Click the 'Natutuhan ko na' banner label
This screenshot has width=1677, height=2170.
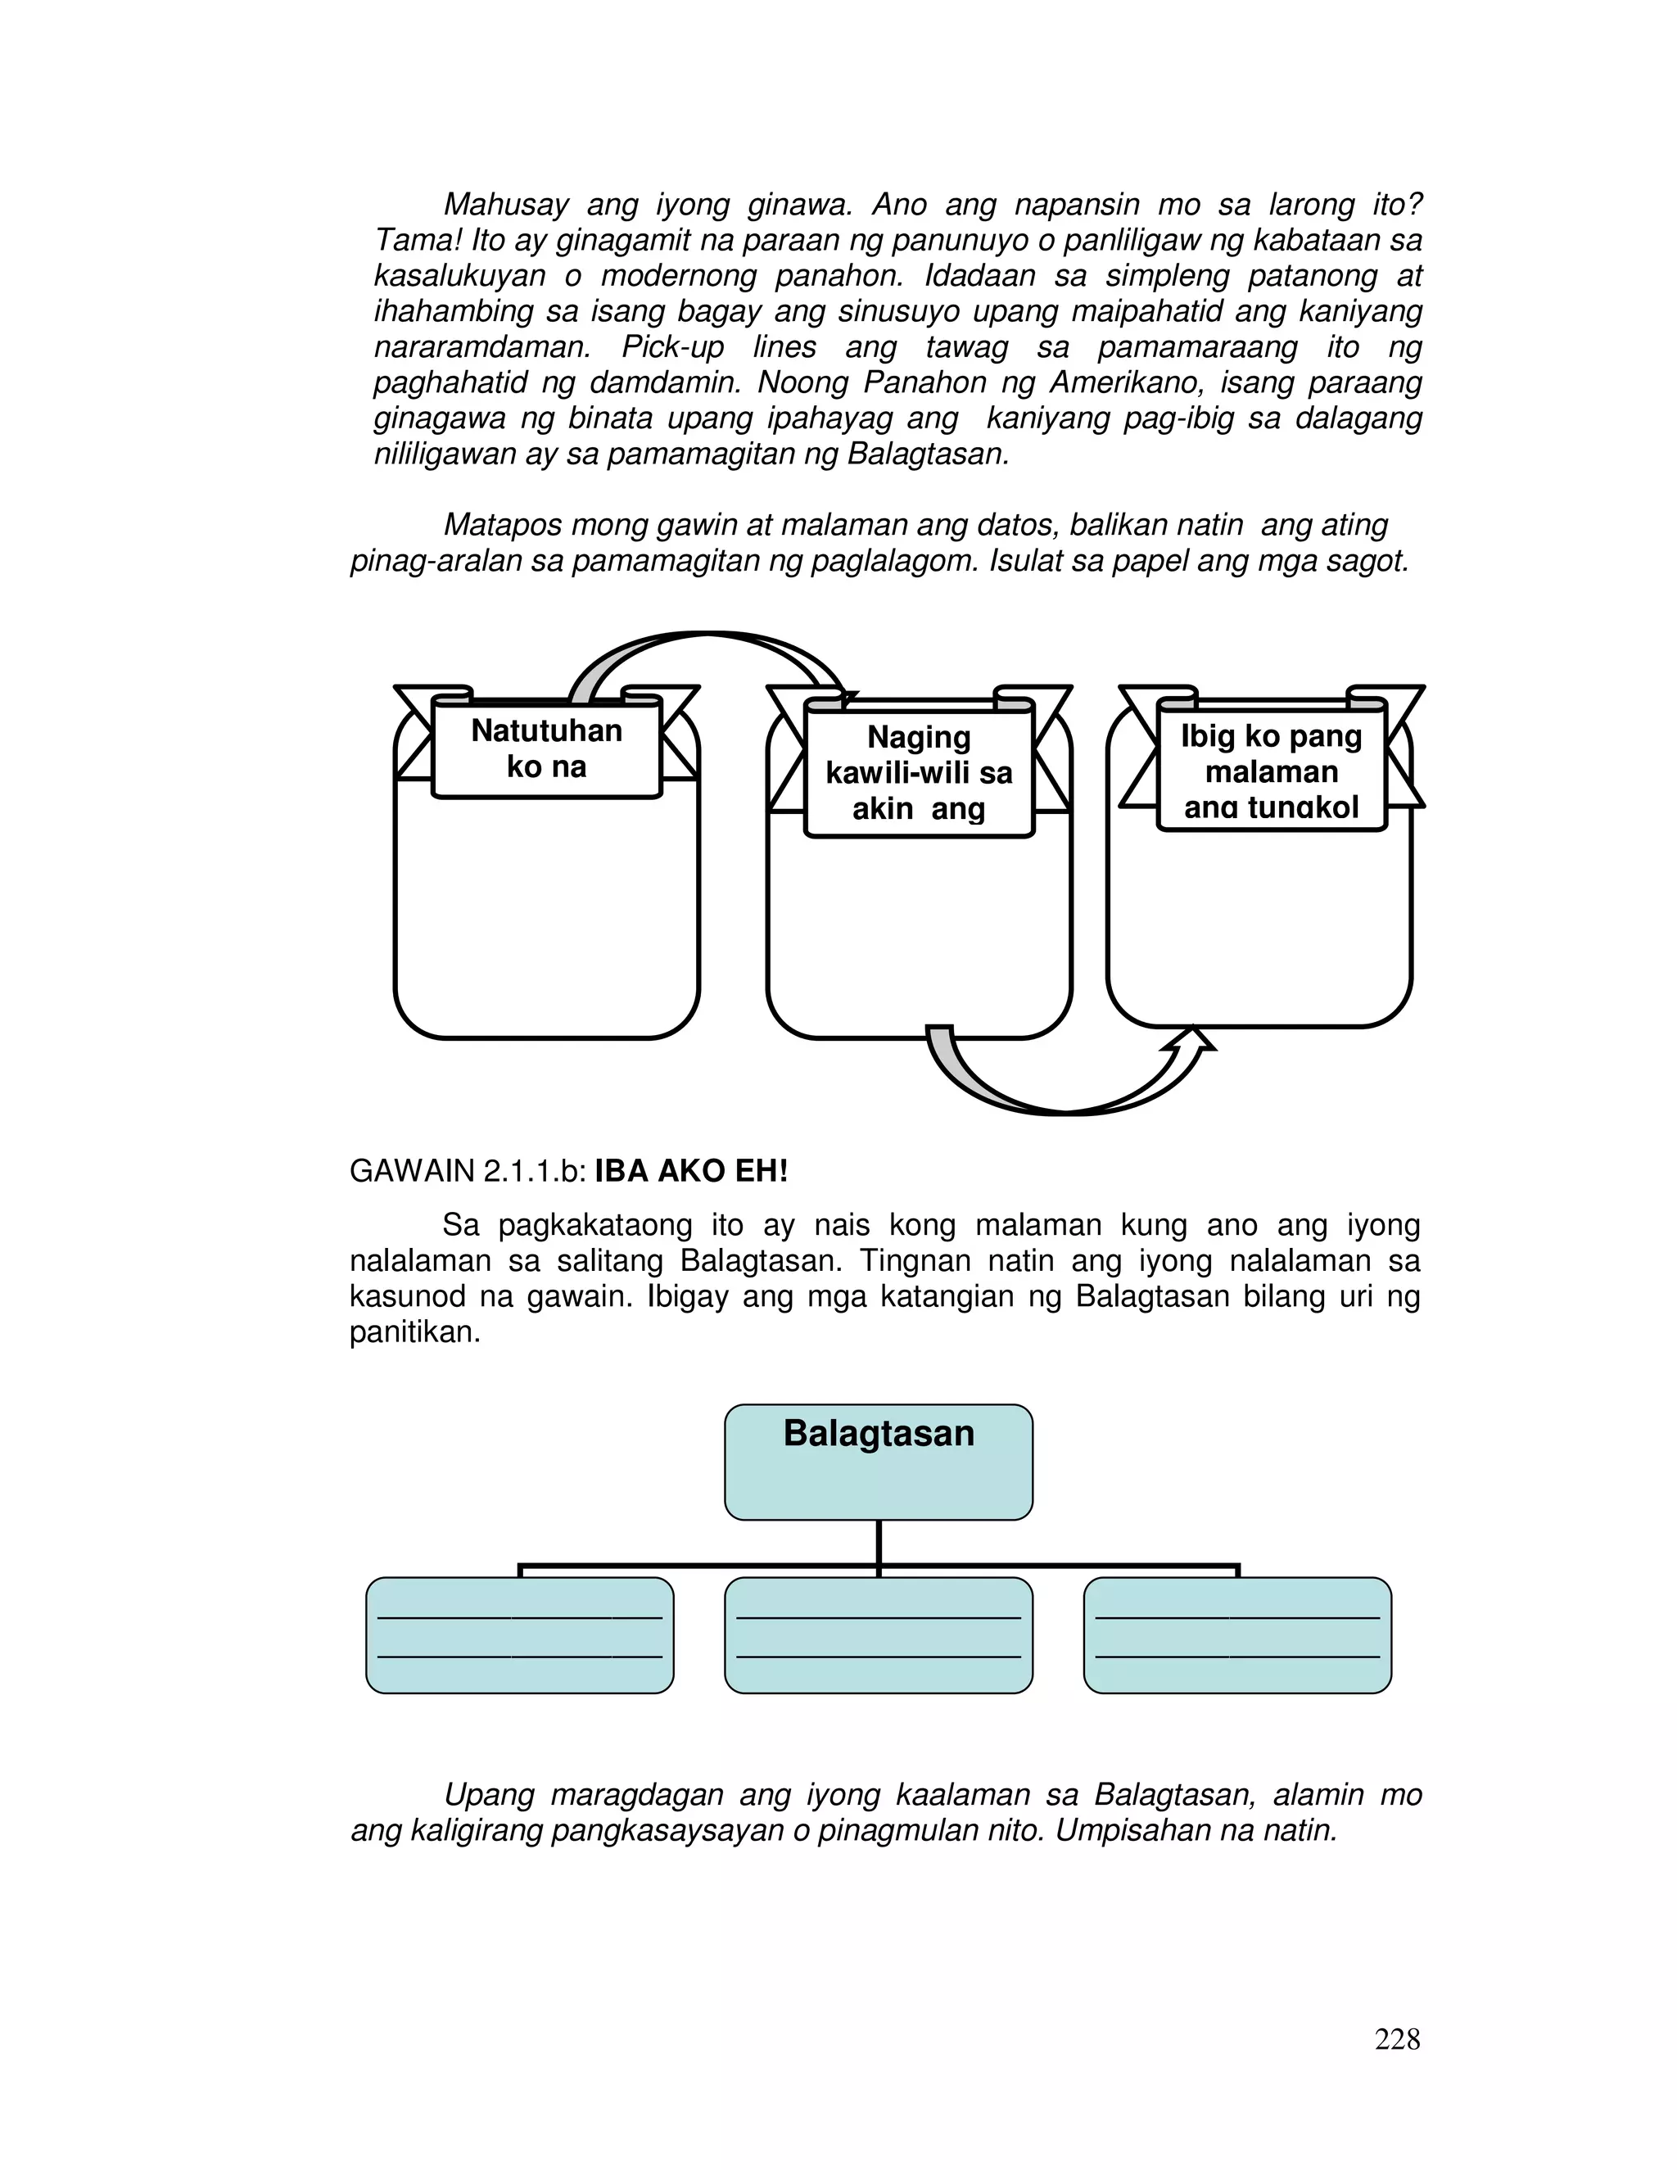[546, 749]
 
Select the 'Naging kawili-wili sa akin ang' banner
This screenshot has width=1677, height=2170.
[919, 772]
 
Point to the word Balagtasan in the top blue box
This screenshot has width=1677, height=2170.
[879, 1433]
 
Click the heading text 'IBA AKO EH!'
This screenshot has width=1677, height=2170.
[690, 1172]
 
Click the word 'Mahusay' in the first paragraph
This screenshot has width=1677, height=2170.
[506, 205]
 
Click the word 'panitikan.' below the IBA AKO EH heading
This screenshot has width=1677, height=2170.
[414, 1332]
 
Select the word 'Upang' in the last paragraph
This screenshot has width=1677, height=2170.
[487, 1794]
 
